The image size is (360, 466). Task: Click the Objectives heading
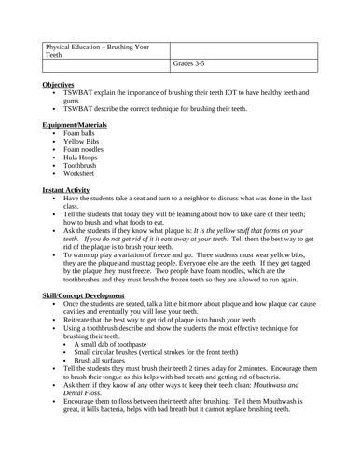(61, 84)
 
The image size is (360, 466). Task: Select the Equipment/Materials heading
(75, 124)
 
